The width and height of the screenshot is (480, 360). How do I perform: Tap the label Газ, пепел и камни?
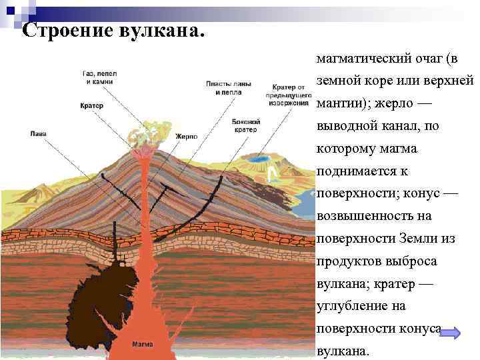[99, 77]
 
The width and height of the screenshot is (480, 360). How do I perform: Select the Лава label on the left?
[39, 133]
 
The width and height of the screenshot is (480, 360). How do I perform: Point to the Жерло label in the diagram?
[186, 136]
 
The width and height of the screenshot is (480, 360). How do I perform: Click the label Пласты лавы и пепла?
[228, 89]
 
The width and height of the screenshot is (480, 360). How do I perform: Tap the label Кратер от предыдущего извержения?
[289, 95]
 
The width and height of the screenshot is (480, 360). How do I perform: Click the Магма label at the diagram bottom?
[142, 345]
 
